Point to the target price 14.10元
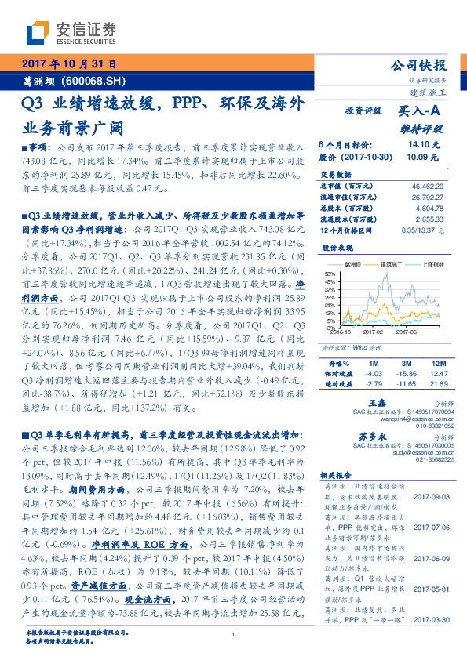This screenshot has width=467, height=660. click(425, 144)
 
